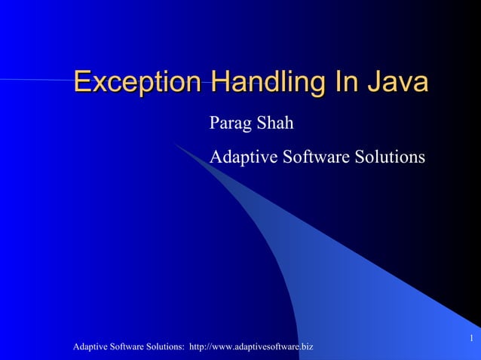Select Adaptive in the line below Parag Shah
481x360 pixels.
click(245, 157)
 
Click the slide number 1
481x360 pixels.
click(470, 337)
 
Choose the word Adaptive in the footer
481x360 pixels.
click(90, 346)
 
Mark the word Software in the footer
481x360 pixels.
click(128, 346)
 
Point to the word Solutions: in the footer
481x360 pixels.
click(166, 346)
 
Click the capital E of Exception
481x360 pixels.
click(83, 82)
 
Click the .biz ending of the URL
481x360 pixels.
click(305, 346)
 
